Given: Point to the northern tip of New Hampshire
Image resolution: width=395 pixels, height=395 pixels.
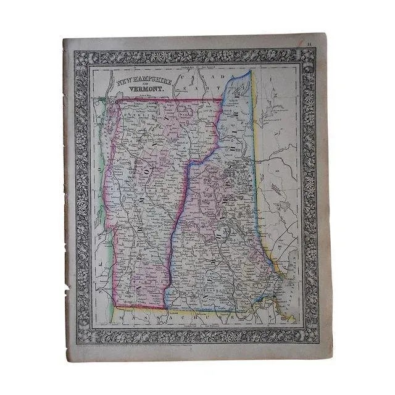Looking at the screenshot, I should (250, 71).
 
